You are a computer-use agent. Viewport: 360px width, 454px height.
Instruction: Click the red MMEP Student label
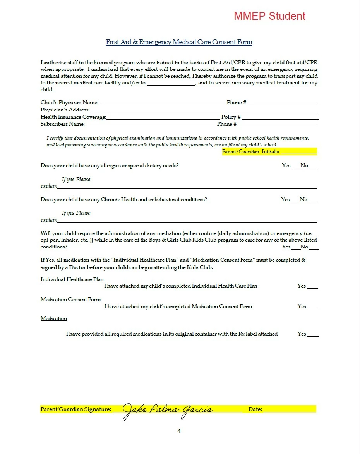(269, 16)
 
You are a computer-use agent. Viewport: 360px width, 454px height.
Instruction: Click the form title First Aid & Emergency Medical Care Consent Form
(179, 42)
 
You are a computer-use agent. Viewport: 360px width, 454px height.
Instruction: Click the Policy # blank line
(280, 118)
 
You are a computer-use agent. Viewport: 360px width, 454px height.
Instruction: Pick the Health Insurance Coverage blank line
(163, 118)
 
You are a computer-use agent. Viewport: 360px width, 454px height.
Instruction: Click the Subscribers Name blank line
(151, 125)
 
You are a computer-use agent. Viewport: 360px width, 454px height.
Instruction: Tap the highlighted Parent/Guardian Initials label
(250, 152)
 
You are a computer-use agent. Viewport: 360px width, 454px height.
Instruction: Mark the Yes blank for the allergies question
(295, 166)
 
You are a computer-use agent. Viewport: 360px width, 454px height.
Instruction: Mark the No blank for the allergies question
(314, 166)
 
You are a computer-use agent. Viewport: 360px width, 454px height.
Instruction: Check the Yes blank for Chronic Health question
(295, 200)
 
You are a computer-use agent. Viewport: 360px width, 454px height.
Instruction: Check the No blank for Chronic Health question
(313, 200)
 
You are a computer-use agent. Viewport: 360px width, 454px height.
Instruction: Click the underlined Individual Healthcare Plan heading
(72, 279)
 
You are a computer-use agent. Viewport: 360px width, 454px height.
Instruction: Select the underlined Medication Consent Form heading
(70, 300)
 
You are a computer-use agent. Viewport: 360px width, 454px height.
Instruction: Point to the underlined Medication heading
(54, 319)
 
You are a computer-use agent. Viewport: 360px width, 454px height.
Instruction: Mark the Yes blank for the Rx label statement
(313, 334)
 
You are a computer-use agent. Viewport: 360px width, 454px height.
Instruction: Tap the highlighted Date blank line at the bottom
(290, 409)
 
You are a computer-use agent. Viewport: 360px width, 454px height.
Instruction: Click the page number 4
(179, 431)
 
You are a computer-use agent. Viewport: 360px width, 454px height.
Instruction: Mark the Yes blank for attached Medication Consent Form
(313, 307)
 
